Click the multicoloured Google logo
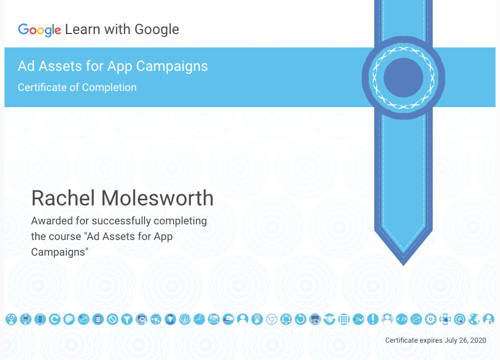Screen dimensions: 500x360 point(40,30)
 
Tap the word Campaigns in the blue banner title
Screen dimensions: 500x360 point(172,66)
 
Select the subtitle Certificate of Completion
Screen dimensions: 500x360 point(77,88)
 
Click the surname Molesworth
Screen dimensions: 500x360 point(157,198)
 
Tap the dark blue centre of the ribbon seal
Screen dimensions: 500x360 point(403,78)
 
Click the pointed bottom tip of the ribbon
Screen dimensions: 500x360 point(403,265)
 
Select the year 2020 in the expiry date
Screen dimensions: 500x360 point(478,340)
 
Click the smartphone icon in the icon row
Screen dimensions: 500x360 point(40,319)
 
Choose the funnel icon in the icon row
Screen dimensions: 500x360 point(127,319)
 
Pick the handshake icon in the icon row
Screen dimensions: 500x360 point(329,319)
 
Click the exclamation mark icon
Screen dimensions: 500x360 point(373,319)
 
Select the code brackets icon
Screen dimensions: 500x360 point(402,319)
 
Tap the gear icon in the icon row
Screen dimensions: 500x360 point(431,319)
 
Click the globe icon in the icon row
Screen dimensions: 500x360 point(474,319)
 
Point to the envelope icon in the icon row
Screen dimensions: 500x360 point(214,319)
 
